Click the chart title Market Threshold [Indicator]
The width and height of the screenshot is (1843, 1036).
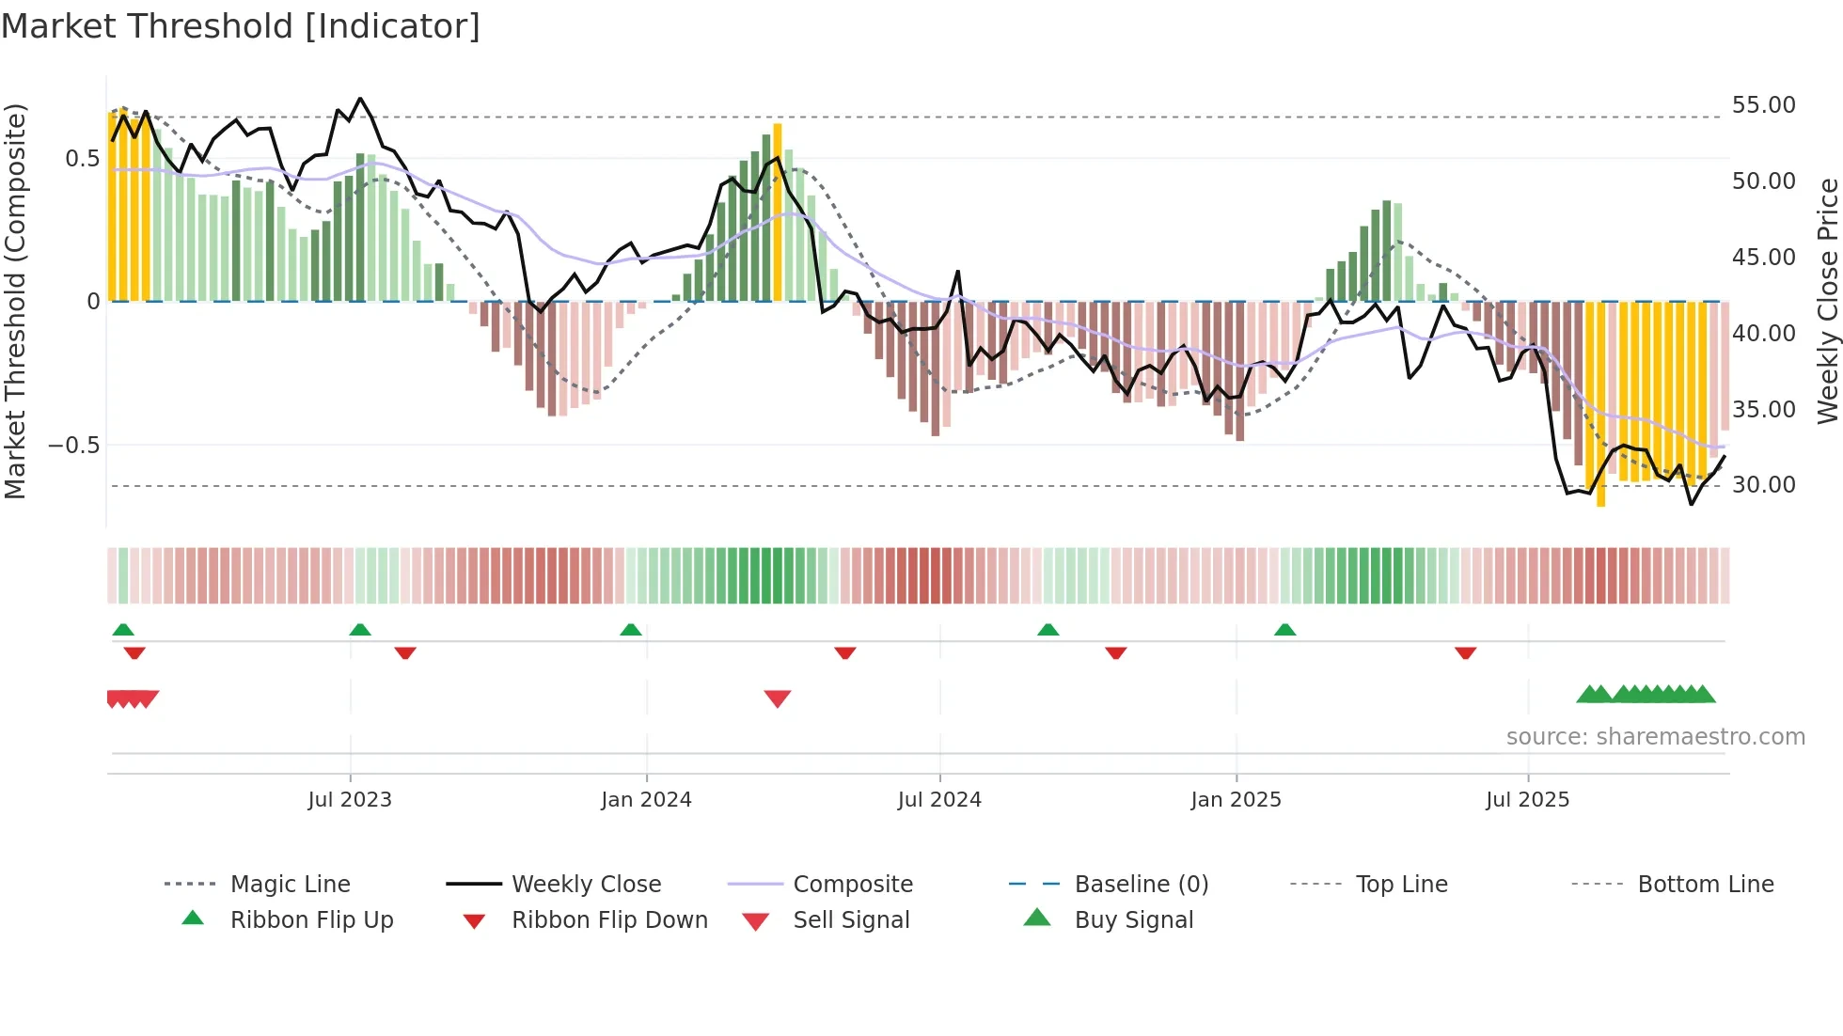[x=241, y=26]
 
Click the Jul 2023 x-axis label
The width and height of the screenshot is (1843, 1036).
[x=350, y=800]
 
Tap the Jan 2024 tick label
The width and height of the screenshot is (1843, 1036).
[x=646, y=800]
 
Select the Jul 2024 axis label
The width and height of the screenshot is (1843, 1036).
[x=939, y=800]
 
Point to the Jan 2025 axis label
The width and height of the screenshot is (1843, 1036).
[x=1236, y=800]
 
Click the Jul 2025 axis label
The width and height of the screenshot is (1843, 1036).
[x=1527, y=800]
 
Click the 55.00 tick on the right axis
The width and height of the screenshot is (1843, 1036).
[x=1763, y=105]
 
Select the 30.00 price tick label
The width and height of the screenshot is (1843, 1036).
[x=1763, y=485]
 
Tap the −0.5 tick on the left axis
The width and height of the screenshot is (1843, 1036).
[x=74, y=446]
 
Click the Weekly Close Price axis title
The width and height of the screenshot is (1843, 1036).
[x=1827, y=301]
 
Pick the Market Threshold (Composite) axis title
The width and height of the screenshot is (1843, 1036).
[x=15, y=301]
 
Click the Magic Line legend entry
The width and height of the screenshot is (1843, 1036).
[x=290, y=885]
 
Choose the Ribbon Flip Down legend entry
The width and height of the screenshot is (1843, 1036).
[x=608, y=920]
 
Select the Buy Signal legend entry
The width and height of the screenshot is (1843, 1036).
[x=1133, y=920]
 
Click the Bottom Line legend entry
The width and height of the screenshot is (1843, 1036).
[x=1705, y=885]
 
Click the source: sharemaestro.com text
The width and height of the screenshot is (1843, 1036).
[x=1655, y=737]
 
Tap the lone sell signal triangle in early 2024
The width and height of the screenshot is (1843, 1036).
[x=778, y=698]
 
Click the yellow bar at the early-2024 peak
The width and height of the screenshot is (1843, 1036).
[x=778, y=212]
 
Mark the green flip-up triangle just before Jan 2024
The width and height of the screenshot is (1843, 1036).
[x=631, y=630]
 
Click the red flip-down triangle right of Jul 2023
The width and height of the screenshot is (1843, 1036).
[x=405, y=652]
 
